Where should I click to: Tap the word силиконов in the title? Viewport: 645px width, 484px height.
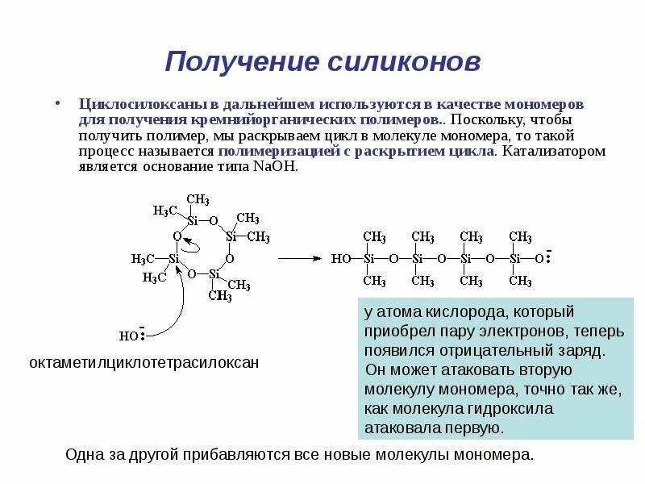click(396, 62)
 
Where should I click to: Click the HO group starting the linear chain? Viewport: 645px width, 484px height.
click(341, 259)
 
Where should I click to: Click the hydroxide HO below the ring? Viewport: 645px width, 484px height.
click(129, 336)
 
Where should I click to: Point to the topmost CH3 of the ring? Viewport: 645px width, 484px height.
click(198, 200)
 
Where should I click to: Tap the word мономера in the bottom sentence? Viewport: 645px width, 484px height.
click(497, 454)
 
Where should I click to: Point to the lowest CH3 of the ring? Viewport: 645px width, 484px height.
click(220, 296)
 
